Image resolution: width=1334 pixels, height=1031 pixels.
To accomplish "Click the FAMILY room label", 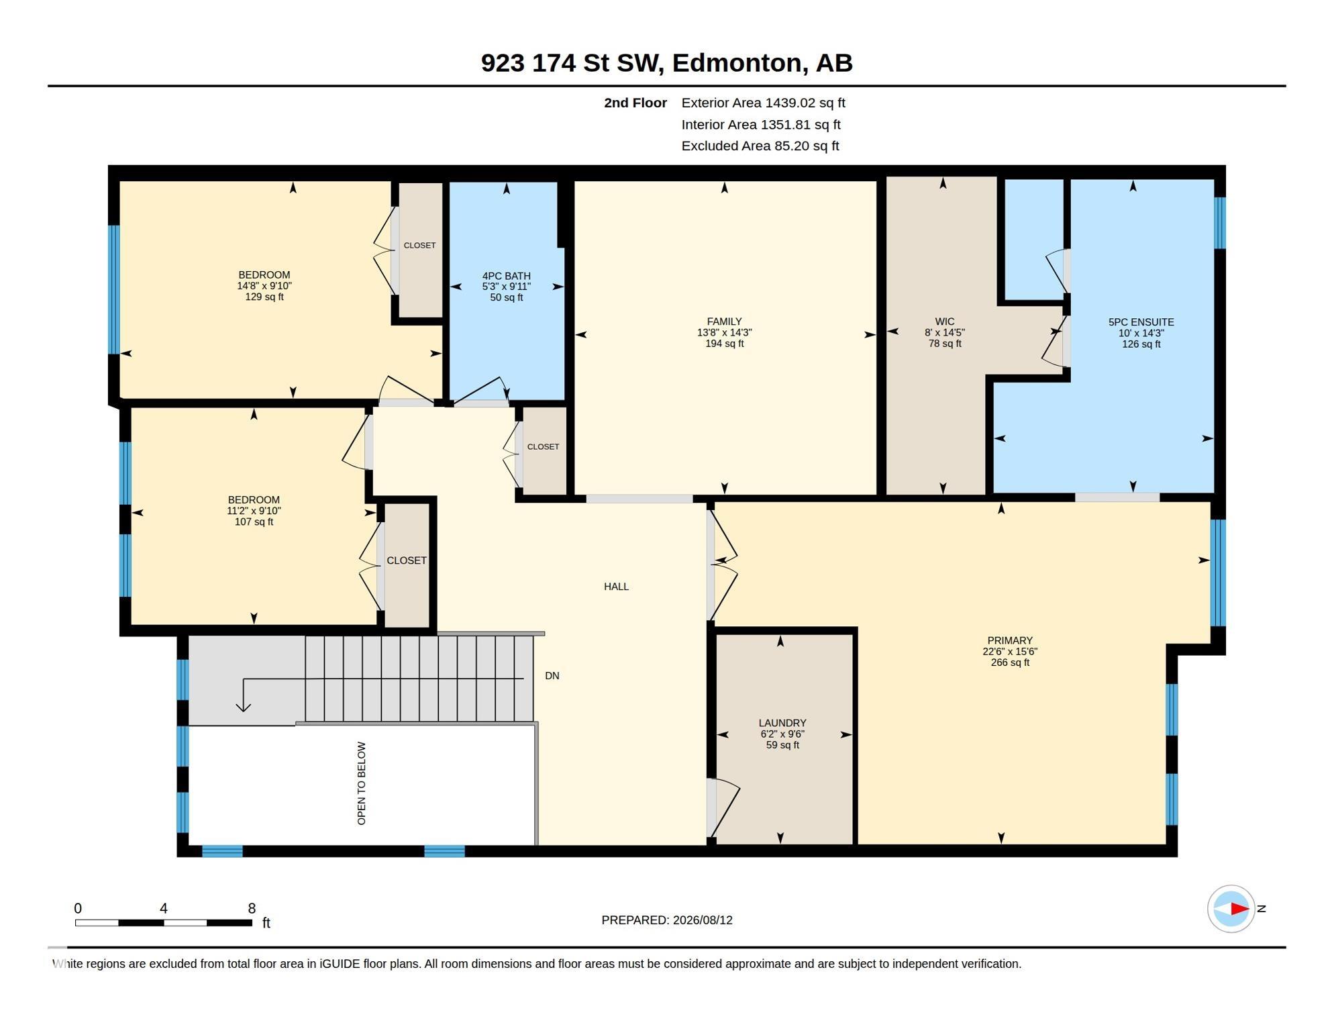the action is [x=724, y=322].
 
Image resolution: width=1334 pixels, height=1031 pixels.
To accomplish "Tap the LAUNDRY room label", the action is [x=782, y=723].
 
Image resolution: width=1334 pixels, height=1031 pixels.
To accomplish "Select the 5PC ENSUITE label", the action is [x=1141, y=322].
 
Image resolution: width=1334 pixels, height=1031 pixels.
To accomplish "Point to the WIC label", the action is [x=944, y=322].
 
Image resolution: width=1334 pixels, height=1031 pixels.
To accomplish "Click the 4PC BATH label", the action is [x=506, y=276].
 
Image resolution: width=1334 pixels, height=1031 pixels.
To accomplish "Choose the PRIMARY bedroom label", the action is [x=1010, y=640].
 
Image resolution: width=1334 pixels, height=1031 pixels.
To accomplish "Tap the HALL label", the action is [x=616, y=587].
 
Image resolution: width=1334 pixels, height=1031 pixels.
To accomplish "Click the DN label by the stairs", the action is [x=552, y=676].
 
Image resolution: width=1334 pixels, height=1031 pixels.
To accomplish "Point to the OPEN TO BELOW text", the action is [x=362, y=783].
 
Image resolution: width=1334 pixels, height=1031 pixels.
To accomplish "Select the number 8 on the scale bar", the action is [x=252, y=908].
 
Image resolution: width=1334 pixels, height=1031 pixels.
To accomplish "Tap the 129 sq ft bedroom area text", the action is [x=264, y=297].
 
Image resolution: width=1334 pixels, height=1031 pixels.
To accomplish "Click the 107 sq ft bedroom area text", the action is [x=254, y=522].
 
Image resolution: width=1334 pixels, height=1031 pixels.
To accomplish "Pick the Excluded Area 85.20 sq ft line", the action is [x=760, y=146].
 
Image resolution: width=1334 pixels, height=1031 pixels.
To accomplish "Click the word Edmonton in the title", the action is [x=736, y=62].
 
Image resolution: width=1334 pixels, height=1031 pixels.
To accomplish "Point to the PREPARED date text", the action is [x=667, y=920].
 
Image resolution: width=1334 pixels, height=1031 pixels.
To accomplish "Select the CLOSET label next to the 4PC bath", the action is [x=543, y=446].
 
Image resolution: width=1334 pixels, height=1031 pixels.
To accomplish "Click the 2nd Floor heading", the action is [x=635, y=103].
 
